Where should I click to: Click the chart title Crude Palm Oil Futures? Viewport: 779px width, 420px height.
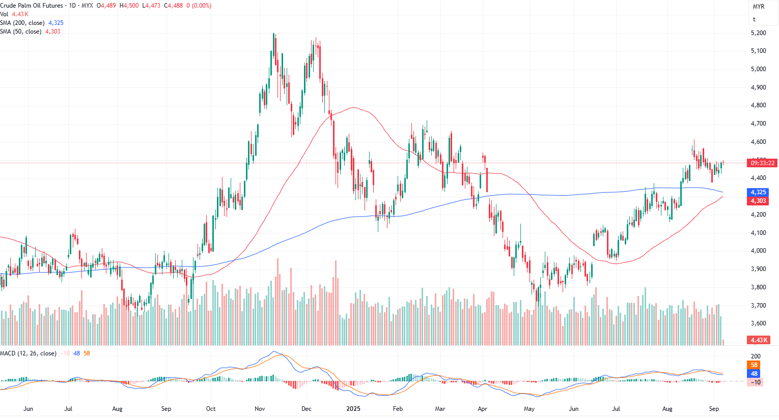32,6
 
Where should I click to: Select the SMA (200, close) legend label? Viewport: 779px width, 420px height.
22,23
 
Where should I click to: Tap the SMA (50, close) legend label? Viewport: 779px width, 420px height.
21,32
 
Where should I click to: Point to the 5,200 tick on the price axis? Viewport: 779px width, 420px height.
758,33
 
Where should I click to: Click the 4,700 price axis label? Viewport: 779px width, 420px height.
758,124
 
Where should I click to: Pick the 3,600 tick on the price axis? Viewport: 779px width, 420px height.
758,323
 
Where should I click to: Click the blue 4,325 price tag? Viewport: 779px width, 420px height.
758,192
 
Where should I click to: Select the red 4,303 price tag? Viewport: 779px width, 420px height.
758,201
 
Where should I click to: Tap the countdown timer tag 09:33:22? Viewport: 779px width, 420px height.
762,163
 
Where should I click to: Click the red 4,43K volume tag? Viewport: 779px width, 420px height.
758,340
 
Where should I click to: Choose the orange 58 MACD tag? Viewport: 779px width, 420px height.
754,365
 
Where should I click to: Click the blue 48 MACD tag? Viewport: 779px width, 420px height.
754,374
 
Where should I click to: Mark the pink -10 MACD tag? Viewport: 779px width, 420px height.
756,382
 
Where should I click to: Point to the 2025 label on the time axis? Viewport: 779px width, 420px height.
353,409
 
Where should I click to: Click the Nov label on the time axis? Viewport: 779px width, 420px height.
260,409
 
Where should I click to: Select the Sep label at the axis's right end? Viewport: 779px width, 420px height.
714,409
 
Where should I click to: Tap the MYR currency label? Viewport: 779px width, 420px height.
758,7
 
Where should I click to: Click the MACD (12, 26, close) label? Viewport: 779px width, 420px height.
28,353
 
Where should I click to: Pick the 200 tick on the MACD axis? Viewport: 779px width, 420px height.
756,356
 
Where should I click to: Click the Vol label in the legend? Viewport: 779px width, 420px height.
4,14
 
